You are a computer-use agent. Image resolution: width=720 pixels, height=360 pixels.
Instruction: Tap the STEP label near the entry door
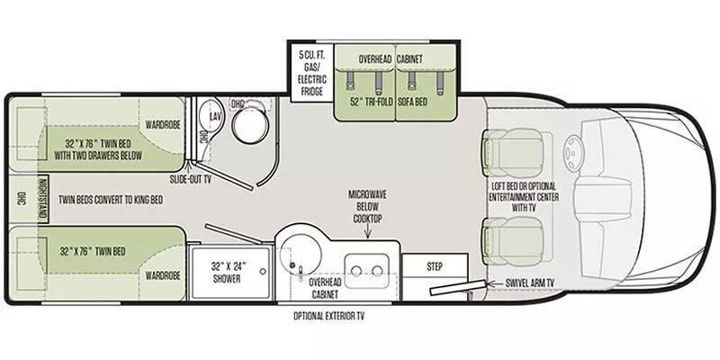tap(434, 265)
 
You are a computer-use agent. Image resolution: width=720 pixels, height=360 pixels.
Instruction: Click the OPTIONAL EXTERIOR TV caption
tap(328, 316)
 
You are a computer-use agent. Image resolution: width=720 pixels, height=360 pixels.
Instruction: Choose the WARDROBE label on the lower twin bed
tap(162, 274)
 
